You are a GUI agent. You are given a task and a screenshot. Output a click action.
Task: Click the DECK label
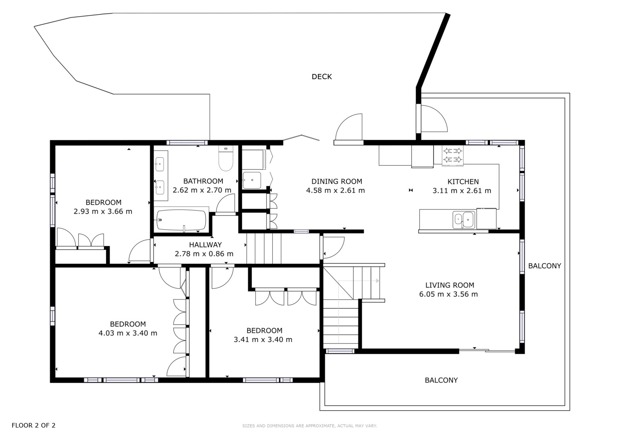tap(322, 77)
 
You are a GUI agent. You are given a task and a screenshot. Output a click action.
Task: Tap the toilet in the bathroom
tap(226, 158)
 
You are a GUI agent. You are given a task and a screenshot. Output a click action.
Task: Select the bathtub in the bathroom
tap(181, 220)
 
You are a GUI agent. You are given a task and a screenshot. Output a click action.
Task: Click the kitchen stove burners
tap(453, 155)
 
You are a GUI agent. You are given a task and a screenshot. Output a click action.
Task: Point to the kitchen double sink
tap(464, 220)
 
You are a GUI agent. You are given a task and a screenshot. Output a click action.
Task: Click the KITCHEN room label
tap(463, 182)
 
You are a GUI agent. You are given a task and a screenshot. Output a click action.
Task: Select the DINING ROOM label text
tap(337, 182)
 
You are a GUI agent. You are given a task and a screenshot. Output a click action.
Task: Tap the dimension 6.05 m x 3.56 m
tap(448, 294)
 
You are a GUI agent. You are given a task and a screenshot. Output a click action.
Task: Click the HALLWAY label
tap(205, 245)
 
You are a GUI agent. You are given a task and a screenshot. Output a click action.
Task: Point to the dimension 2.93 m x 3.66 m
tap(103, 211)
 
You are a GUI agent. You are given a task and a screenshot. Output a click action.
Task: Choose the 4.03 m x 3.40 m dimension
tap(128, 333)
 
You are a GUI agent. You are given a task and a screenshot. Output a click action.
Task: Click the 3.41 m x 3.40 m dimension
tap(263, 340)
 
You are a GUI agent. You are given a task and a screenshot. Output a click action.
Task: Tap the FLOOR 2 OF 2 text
tap(33, 425)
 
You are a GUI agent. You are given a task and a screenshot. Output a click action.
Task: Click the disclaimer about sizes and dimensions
tap(310, 426)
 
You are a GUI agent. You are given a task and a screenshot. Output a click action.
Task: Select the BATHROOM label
tap(203, 181)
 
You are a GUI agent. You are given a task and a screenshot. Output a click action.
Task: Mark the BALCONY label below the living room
tap(441, 380)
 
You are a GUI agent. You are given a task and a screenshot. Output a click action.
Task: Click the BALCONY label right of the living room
tap(545, 266)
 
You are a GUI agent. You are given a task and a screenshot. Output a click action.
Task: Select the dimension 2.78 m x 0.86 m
tap(204, 254)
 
